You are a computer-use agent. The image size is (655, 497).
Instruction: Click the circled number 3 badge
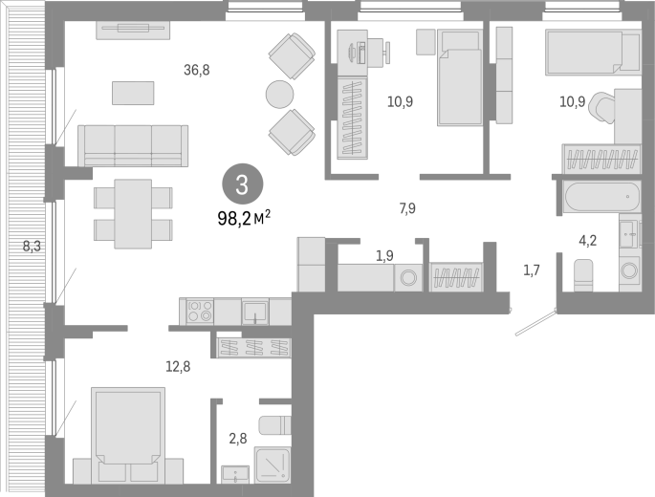pos(242,184)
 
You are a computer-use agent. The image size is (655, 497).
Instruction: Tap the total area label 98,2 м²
pos(244,218)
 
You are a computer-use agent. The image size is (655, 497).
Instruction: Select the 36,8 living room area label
pos(196,70)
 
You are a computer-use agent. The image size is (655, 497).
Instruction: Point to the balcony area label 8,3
pos(32,247)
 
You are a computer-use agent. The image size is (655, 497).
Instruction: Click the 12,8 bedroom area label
pos(178,366)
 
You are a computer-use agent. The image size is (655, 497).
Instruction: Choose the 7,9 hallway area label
pos(407,208)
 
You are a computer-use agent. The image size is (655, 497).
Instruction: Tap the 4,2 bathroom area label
pos(587,241)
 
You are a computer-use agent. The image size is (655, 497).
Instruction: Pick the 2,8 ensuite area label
pos(238,439)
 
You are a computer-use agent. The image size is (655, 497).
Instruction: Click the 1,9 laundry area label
pos(384,255)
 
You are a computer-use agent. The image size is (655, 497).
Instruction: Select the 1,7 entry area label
pos(532,270)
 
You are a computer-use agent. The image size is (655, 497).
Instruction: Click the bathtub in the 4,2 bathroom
pos(601,196)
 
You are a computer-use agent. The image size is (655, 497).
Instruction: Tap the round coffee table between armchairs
pos(279,94)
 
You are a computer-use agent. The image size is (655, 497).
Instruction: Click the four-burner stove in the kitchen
pos(200,312)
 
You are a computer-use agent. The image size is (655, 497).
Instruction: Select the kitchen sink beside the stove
pos(255,312)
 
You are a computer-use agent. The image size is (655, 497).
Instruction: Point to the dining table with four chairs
pos(133,214)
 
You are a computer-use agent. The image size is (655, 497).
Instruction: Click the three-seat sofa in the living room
pos(133,146)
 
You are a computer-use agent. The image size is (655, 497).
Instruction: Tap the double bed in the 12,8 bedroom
pos(128,434)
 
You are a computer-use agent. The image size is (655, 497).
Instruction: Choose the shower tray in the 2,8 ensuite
pos(273,465)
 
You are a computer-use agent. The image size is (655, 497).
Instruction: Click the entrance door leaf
pos(536,322)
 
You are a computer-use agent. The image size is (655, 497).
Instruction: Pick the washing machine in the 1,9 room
pos(407,277)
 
